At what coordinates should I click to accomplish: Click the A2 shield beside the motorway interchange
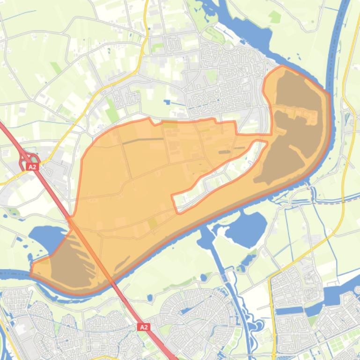click(x=32, y=167)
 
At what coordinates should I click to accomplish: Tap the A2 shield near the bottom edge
click(x=144, y=327)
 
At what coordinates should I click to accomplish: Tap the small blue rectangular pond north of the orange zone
click(x=168, y=101)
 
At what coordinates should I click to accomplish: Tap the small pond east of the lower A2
click(x=150, y=298)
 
